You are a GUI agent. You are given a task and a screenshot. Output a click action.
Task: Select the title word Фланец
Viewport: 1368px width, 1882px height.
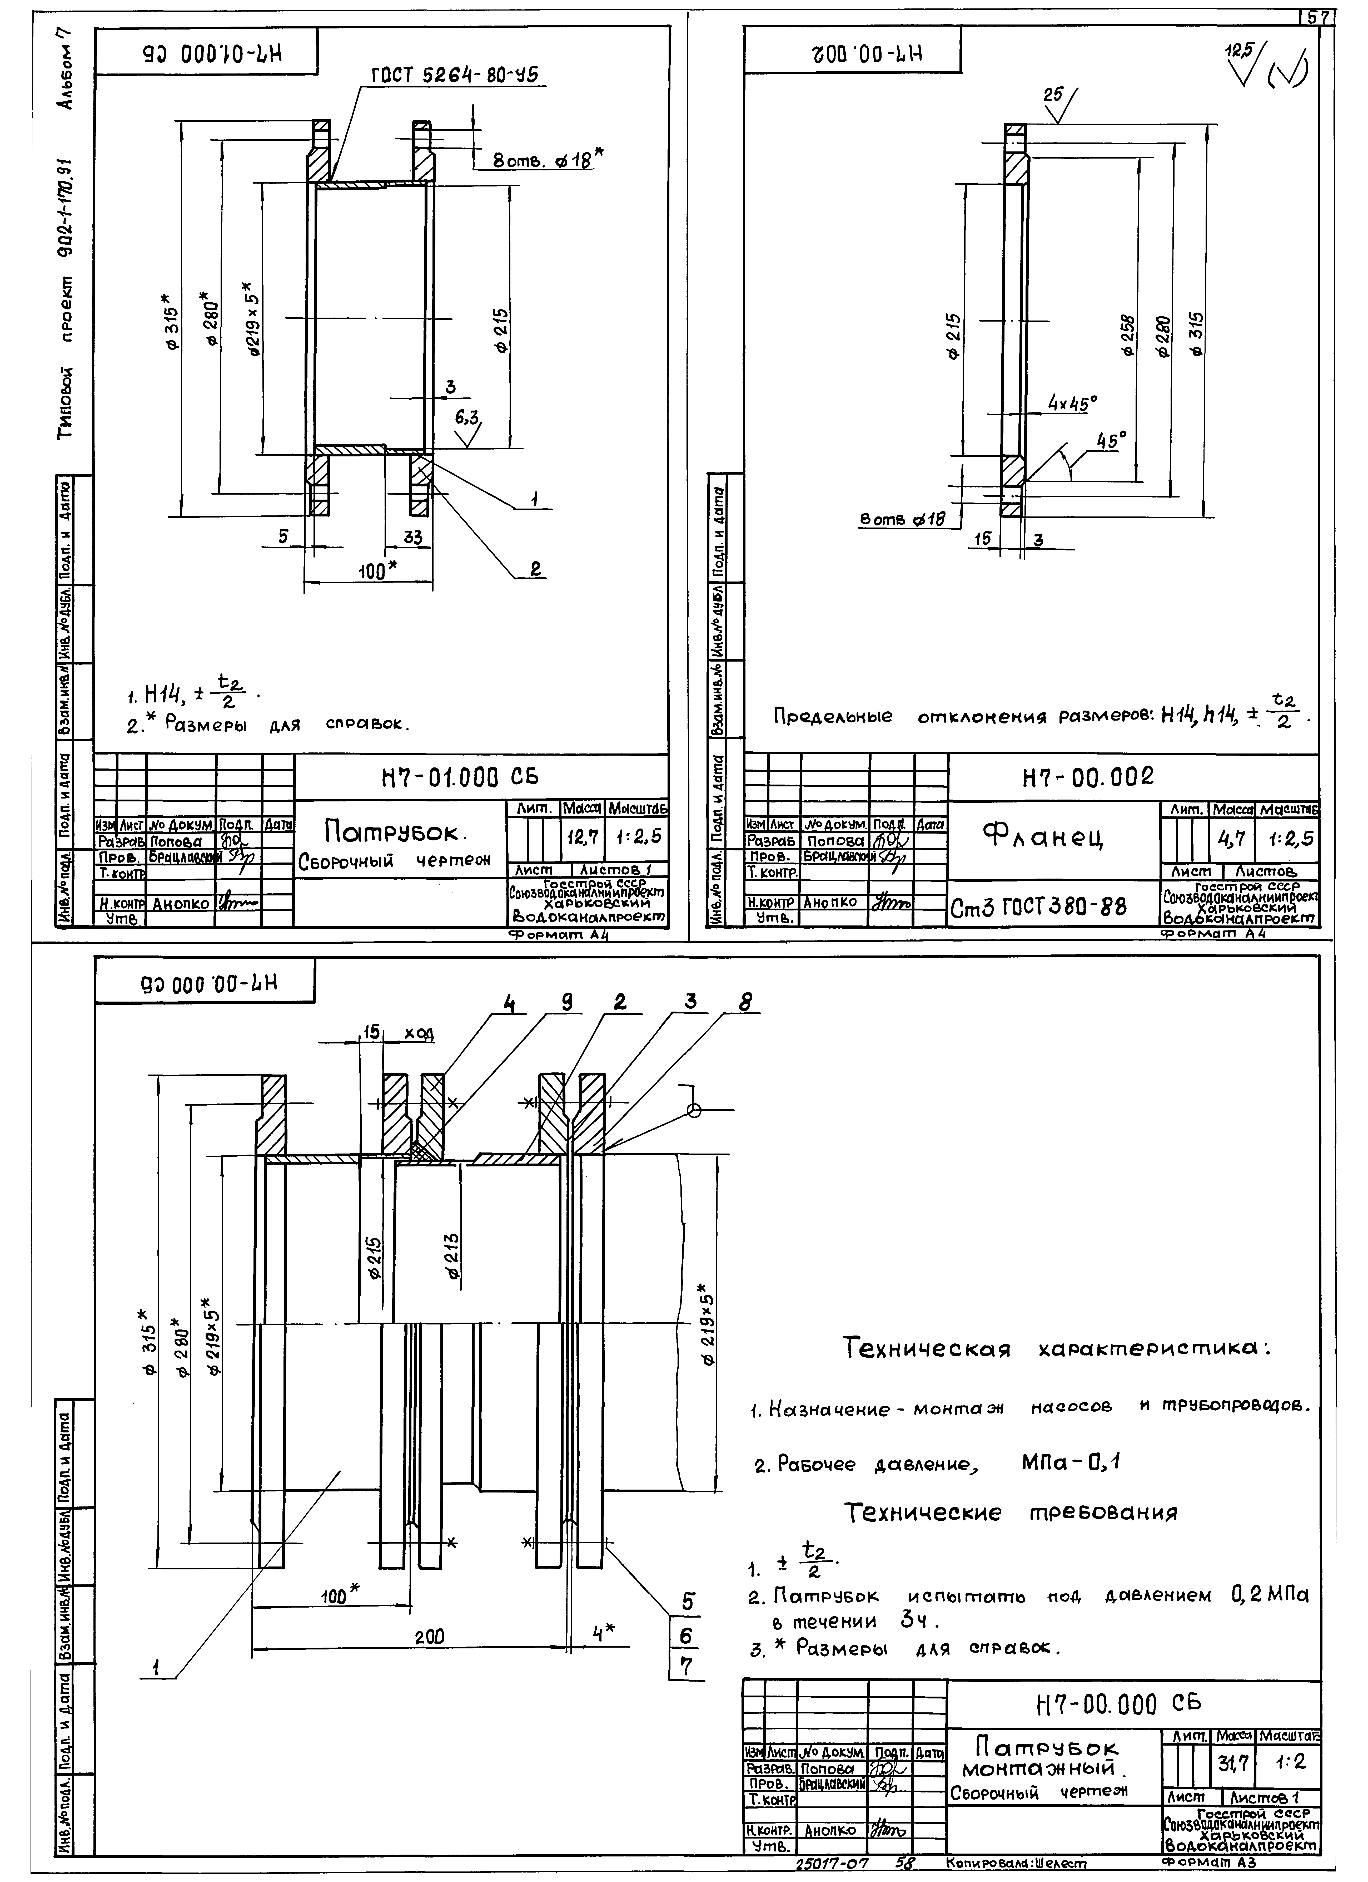click(1044, 838)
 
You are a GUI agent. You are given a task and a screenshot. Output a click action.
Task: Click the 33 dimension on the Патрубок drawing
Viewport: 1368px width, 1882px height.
click(412, 538)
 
